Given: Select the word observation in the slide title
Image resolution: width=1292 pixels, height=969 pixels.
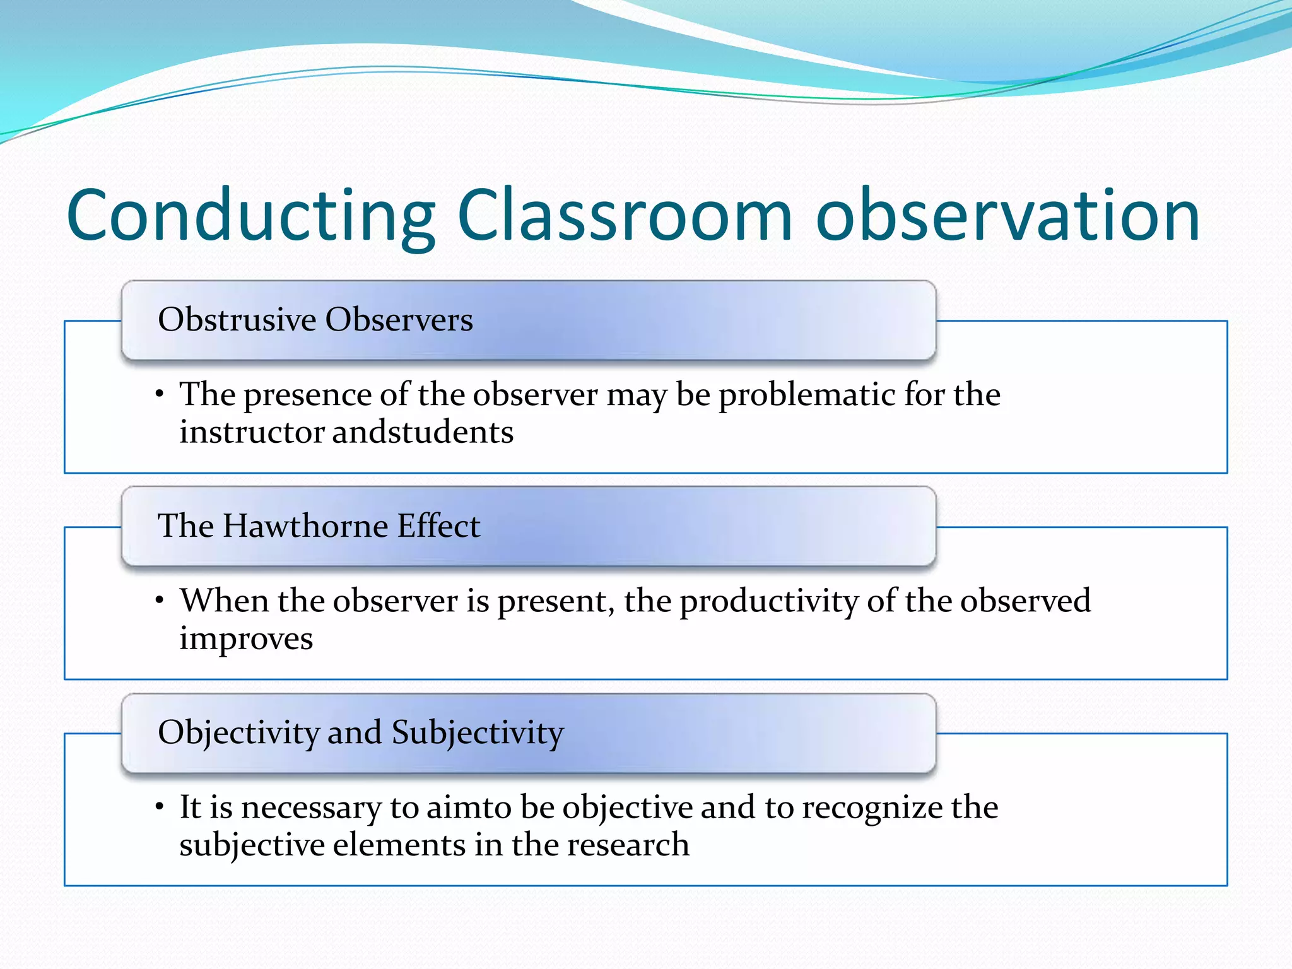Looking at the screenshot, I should click(x=1007, y=216).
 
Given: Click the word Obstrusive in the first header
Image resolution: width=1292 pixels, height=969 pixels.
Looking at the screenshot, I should click(x=237, y=319).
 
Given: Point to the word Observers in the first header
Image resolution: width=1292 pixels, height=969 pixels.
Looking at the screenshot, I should click(x=399, y=319).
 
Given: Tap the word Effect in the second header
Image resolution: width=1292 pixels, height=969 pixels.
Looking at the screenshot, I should click(x=438, y=526).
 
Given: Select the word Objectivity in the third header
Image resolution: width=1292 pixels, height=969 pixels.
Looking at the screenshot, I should click(x=238, y=733).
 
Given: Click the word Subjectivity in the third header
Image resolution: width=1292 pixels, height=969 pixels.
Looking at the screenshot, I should click(x=478, y=733).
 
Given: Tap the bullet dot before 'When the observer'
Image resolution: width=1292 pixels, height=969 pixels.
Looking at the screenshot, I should click(x=160, y=601).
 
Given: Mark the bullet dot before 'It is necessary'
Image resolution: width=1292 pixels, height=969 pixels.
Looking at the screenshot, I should click(x=160, y=807).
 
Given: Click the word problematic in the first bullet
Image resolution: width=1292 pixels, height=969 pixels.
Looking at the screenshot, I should click(x=807, y=396).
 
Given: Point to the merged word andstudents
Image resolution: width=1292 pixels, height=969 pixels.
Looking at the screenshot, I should click(x=423, y=433).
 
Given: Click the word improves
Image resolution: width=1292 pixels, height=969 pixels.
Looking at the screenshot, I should click(x=246, y=639).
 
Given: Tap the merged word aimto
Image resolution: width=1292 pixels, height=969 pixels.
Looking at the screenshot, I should click(x=469, y=807).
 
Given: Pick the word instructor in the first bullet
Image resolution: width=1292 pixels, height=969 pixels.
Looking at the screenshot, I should click(x=251, y=433).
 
